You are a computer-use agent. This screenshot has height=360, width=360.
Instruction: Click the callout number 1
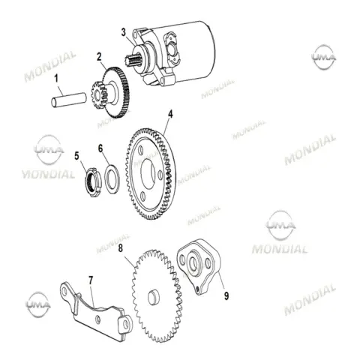(56, 78)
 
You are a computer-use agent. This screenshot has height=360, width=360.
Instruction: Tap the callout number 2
(100, 57)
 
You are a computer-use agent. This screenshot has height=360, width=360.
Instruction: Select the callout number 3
(124, 33)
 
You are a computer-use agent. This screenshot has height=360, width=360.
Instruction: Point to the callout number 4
(170, 114)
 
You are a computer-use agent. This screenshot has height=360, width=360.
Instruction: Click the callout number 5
(76, 156)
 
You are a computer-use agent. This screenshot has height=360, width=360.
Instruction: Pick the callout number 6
(100, 148)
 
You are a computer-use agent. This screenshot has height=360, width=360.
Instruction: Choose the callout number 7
(91, 280)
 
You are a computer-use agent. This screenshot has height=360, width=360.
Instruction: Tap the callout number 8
(121, 248)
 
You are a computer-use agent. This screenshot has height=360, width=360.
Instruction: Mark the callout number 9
(226, 296)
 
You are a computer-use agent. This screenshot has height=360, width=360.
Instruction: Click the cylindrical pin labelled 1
(69, 100)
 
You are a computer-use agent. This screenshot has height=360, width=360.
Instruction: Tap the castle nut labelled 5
(94, 182)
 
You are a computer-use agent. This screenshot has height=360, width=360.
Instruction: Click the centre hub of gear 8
(153, 298)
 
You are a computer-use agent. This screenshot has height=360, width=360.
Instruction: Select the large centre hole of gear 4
(148, 174)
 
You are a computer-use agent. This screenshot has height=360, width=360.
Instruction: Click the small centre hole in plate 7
(97, 319)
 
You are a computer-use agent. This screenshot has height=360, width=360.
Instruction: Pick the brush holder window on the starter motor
(172, 46)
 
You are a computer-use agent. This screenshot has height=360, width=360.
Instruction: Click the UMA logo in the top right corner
(324, 57)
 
